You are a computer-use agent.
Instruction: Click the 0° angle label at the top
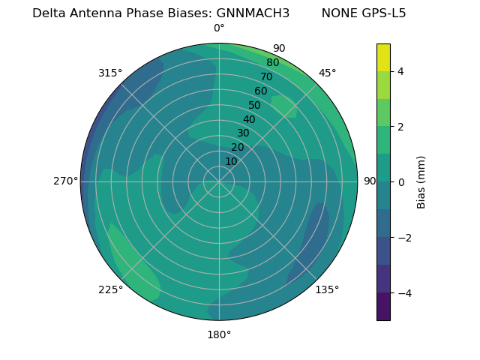point(219,28)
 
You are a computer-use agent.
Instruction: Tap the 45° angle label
point(327,73)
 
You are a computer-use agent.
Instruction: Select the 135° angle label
point(327,289)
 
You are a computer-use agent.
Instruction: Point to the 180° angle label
point(219,334)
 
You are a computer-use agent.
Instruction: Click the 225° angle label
point(110,289)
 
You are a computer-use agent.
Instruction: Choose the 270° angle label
point(65,181)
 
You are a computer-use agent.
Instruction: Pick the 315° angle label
point(110,73)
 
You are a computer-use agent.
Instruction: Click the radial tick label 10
point(231,161)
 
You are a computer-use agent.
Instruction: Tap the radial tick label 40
point(249,119)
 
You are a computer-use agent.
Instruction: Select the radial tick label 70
point(266,76)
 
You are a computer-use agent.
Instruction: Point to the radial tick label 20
point(237,147)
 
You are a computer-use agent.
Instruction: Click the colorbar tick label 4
point(400,71)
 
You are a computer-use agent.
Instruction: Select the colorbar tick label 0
point(400,181)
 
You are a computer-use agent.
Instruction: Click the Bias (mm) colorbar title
point(421,181)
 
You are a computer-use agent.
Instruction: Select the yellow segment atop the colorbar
point(383,58)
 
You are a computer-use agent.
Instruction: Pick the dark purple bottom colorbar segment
point(383,306)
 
